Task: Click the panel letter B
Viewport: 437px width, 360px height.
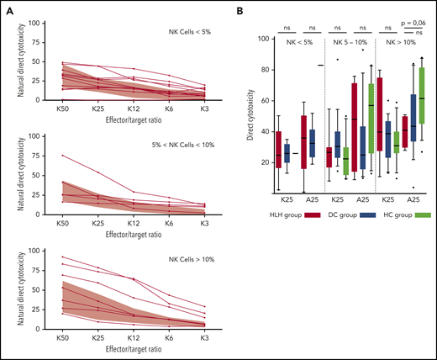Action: click(x=242, y=10)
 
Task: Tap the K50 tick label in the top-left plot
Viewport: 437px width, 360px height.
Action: click(x=39, y=108)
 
